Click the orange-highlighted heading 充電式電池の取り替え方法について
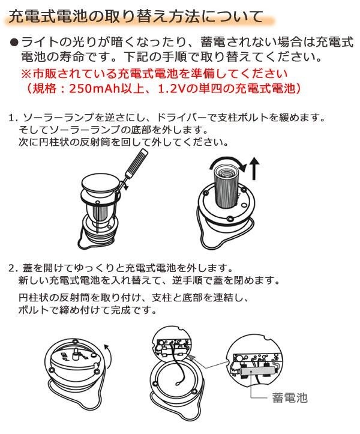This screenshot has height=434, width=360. coord(136,17)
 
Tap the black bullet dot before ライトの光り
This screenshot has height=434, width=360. coord(14,42)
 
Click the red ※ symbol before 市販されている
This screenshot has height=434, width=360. coord(26,74)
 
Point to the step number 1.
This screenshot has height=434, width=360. coord(13,118)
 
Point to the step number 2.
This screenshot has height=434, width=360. coord(13,268)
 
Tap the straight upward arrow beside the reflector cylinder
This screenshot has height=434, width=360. coord(254,168)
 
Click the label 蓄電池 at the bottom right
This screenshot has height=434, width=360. coord(289,397)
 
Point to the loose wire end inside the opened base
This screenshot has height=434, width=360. coord(176,384)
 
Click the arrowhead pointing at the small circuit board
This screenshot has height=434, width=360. coord(193,358)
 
